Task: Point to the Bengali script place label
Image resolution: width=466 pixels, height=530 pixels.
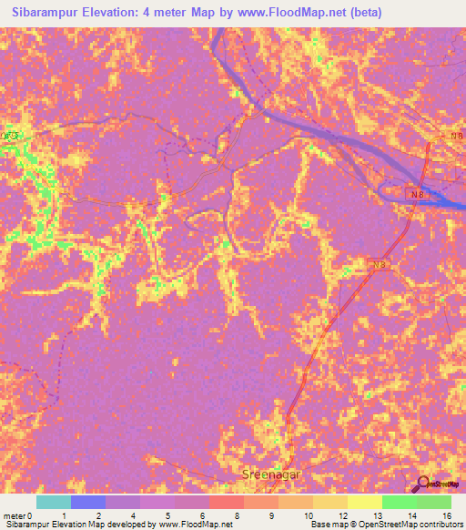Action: (x=10, y=137)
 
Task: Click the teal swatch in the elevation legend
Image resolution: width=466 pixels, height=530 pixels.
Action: (x=54, y=502)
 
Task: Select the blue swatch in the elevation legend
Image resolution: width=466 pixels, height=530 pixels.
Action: (x=88, y=502)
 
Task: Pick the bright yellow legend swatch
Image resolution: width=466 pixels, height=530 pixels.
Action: (x=365, y=502)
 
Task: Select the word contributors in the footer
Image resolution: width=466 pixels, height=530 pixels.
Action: (x=440, y=525)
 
